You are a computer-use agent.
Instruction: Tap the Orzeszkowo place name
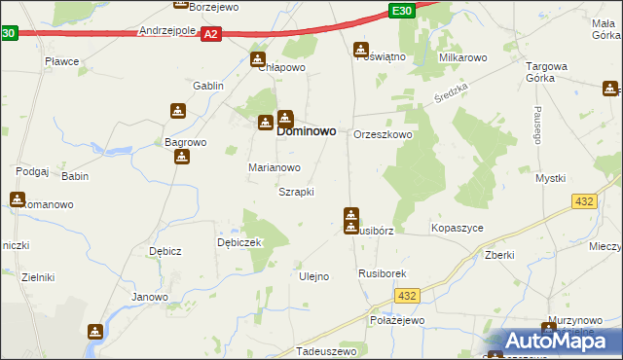click(383, 135)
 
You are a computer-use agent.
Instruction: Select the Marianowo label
click(274, 167)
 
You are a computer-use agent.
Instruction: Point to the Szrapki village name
click(296, 192)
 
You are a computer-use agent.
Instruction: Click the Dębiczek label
click(239, 243)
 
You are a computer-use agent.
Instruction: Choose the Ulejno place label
click(312, 276)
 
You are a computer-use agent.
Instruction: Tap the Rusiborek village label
click(382, 274)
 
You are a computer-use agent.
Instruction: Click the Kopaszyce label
click(457, 228)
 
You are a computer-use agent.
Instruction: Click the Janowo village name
click(150, 297)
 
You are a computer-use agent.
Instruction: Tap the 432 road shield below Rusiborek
click(409, 296)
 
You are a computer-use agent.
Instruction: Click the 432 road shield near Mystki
click(584, 200)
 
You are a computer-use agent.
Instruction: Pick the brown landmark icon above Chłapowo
click(258, 58)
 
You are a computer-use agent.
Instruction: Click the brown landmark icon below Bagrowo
click(181, 156)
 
